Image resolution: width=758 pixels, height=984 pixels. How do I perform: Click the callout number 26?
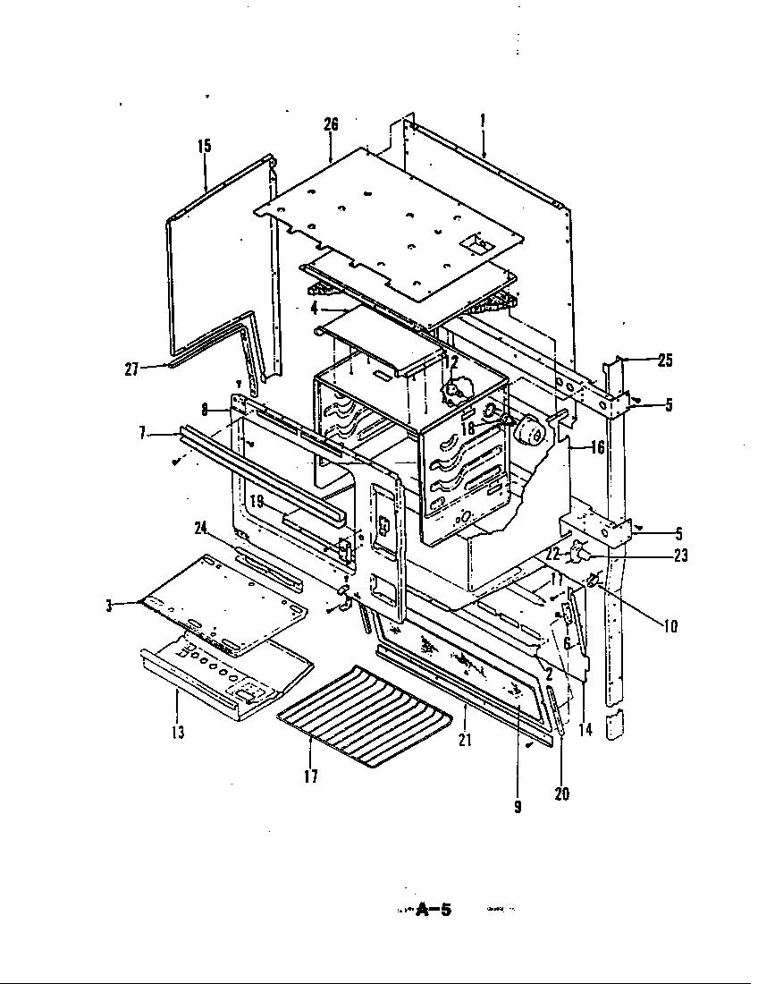[331, 124]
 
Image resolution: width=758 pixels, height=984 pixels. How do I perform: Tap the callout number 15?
[205, 145]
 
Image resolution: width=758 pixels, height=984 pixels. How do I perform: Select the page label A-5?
[434, 911]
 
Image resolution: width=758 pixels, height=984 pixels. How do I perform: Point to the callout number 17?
[310, 776]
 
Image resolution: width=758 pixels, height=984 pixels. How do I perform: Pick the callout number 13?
[177, 733]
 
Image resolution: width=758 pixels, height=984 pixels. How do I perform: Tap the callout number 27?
[131, 368]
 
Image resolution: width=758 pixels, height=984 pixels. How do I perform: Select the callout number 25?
[663, 361]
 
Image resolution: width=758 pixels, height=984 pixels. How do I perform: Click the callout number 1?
[482, 120]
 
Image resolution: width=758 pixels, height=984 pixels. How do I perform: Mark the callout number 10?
[670, 625]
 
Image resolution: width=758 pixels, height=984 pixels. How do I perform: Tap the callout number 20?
[562, 792]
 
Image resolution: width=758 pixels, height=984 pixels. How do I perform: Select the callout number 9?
[518, 806]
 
